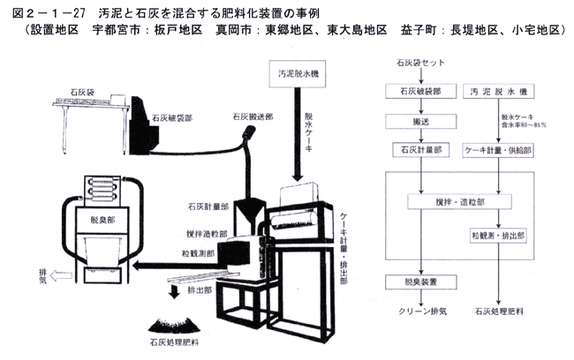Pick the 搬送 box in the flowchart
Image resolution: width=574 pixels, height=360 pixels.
[415, 122]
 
